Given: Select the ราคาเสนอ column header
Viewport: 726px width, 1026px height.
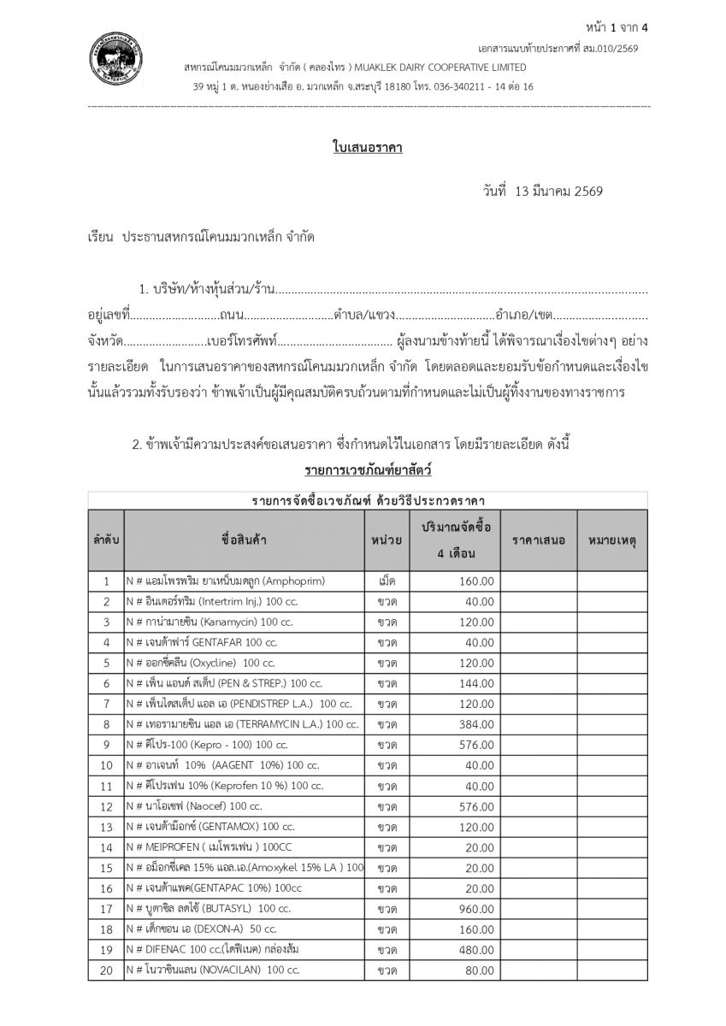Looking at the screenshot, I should point(539,540).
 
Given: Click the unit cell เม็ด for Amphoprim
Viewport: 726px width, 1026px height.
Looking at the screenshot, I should point(387,581).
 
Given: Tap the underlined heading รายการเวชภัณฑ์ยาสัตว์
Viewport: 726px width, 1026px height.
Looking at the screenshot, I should point(367,470).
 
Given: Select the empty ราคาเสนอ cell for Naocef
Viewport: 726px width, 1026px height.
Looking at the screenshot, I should point(539,805).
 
